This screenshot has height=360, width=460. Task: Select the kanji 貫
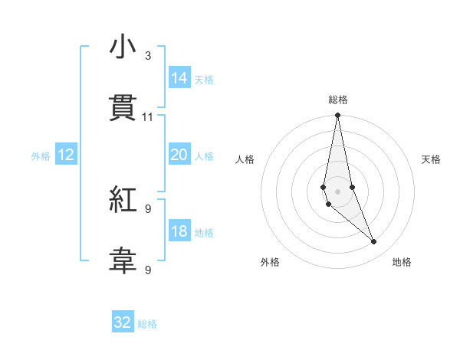123,109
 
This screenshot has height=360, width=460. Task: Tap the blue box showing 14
179,78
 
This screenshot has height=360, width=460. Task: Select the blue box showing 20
179,155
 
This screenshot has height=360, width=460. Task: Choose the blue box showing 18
179,231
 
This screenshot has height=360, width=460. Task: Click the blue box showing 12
66,155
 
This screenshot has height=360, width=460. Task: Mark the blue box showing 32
123,322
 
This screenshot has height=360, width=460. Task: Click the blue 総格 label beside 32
147,324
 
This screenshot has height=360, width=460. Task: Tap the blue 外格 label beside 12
41,156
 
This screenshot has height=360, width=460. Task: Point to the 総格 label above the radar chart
338,100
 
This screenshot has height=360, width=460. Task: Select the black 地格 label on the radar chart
402,262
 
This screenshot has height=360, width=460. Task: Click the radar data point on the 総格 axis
338,116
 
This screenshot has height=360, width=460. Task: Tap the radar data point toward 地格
374,242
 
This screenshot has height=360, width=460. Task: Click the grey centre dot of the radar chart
338,191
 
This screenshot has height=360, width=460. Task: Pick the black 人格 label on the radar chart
245,159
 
